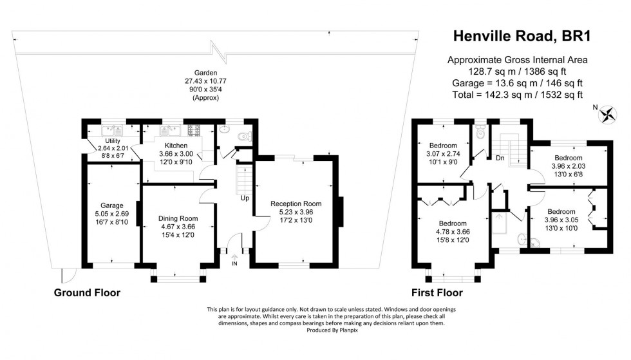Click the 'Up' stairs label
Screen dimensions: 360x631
[x=245, y=198]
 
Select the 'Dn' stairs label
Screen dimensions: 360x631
[x=499, y=157]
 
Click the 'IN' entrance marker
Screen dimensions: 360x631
[x=234, y=264]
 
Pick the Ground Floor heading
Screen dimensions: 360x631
[x=88, y=292]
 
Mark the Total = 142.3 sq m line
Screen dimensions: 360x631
[x=518, y=95]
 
